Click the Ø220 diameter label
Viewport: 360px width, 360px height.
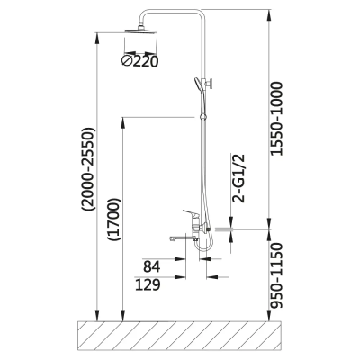(139, 61)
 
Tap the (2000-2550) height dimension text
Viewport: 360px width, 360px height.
(89, 169)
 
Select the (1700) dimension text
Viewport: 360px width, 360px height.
(114, 219)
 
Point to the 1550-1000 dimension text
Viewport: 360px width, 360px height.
(276, 119)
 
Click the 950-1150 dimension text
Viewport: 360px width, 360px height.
(276, 275)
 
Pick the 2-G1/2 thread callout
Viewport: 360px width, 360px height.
(239, 178)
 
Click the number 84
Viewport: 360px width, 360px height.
(152, 266)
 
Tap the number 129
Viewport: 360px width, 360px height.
(148, 284)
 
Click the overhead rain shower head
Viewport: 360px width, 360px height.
(141, 31)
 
